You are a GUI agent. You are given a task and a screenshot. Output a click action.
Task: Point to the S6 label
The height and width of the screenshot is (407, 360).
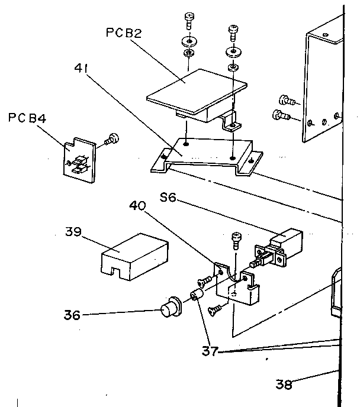(168, 197)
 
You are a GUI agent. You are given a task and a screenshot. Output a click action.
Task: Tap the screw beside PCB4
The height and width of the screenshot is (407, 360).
(110, 140)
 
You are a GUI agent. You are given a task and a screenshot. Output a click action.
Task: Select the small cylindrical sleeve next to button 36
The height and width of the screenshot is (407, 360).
(197, 295)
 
